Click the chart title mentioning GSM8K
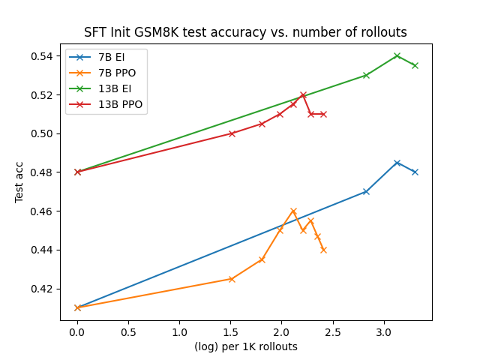246,32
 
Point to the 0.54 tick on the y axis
43,56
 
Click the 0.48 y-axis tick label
43,172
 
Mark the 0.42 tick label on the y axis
43,289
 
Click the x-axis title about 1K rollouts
246,346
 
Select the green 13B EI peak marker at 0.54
397,55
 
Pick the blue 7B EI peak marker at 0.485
397,163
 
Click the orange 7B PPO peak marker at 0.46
293,211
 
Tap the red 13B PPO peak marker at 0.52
303,94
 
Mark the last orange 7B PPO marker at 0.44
323,250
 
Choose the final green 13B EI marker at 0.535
415,65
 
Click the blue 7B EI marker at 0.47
366,191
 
